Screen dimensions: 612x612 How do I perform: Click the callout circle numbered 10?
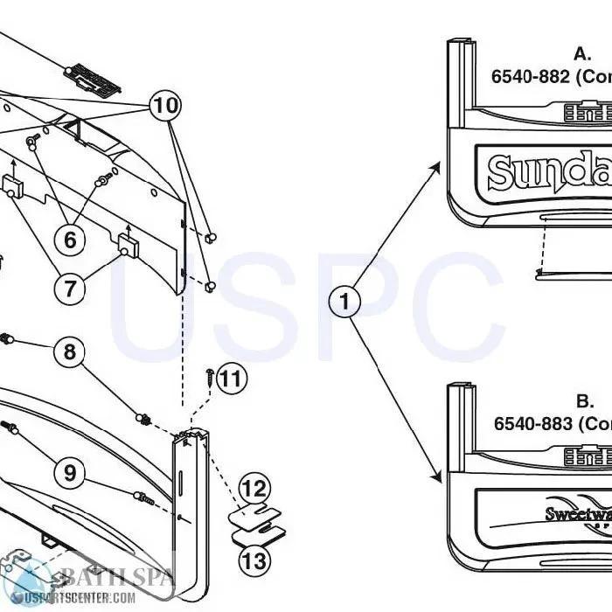coord(165,107)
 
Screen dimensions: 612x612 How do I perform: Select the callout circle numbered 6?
coord(70,239)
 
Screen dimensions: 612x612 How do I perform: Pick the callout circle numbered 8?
coord(70,352)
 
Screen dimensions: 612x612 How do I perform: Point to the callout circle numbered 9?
coord(70,473)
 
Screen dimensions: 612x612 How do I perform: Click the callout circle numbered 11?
coord(231,379)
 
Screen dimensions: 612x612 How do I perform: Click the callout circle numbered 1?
coord(344,302)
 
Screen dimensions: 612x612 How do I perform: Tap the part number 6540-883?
coord(532,423)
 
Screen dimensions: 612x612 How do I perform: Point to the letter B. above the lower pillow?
coord(584,401)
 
